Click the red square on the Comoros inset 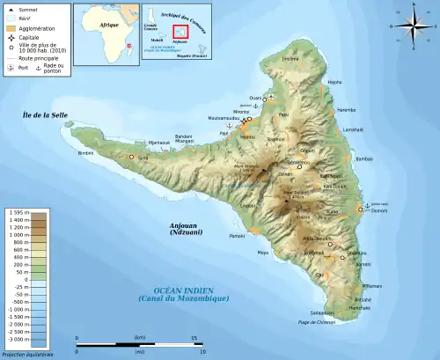pyautogui.click(x=180, y=33)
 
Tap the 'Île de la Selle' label pyautogui.click(x=45, y=115)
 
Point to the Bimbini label pyautogui.click(x=85, y=153)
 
